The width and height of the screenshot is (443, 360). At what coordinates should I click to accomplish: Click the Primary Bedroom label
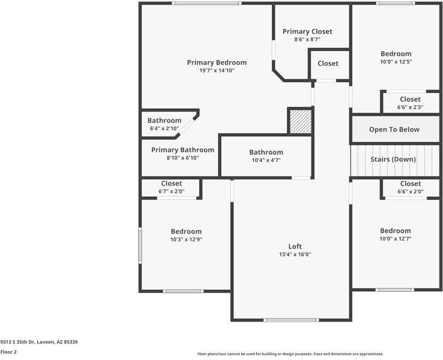coord(217,62)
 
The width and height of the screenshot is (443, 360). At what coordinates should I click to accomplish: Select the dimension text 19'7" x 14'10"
coord(217,70)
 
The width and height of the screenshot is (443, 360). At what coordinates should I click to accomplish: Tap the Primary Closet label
coord(307,31)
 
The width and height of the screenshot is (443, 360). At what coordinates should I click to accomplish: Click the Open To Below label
coord(394,130)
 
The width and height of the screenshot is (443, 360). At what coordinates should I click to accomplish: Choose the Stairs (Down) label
coord(393,159)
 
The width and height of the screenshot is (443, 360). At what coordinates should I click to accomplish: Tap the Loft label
coord(295,246)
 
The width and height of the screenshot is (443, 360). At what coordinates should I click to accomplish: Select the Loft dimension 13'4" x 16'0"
coord(295,254)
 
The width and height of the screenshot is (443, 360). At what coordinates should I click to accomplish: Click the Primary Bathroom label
coord(182,149)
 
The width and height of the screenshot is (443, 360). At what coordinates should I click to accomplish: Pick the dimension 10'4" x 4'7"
coord(266,160)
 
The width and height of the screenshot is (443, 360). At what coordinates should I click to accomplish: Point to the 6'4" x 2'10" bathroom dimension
coord(164,128)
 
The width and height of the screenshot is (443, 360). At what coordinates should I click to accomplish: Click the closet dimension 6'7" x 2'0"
coord(172,191)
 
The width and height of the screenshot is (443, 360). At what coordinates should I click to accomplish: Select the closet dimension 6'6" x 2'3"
coord(410,107)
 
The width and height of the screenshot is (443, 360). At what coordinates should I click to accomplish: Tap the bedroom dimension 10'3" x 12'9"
coord(186,239)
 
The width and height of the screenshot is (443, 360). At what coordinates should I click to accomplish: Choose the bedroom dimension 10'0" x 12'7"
coord(395,239)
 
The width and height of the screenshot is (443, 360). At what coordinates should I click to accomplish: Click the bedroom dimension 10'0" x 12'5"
coord(396,62)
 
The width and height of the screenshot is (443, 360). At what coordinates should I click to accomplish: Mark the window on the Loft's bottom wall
coord(291,320)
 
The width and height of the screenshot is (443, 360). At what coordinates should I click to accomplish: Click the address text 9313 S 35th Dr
coord(17,342)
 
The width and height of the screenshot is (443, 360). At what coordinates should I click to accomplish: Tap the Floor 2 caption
coord(8,352)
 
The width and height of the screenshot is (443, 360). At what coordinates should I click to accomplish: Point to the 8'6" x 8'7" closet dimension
coord(307,39)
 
